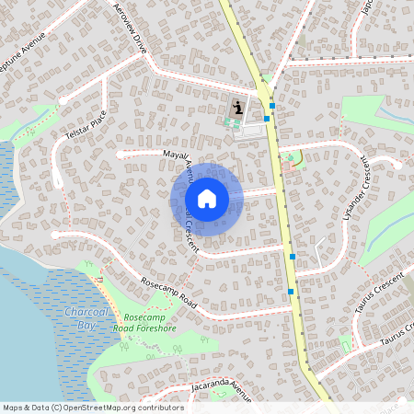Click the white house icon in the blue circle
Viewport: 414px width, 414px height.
[x=207, y=198]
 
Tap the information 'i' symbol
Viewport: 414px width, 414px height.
[x=238, y=108]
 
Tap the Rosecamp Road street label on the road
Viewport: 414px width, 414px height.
[x=169, y=293]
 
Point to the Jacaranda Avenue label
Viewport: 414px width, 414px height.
[x=216, y=387]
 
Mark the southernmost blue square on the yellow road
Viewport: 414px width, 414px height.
[x=291, y=292]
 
